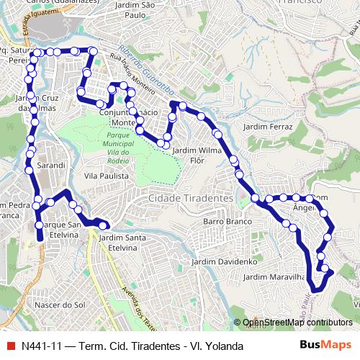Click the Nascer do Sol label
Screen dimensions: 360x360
(59, 305)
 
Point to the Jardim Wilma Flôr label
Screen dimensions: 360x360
(197, 155)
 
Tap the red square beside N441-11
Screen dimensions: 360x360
(10, 346)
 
